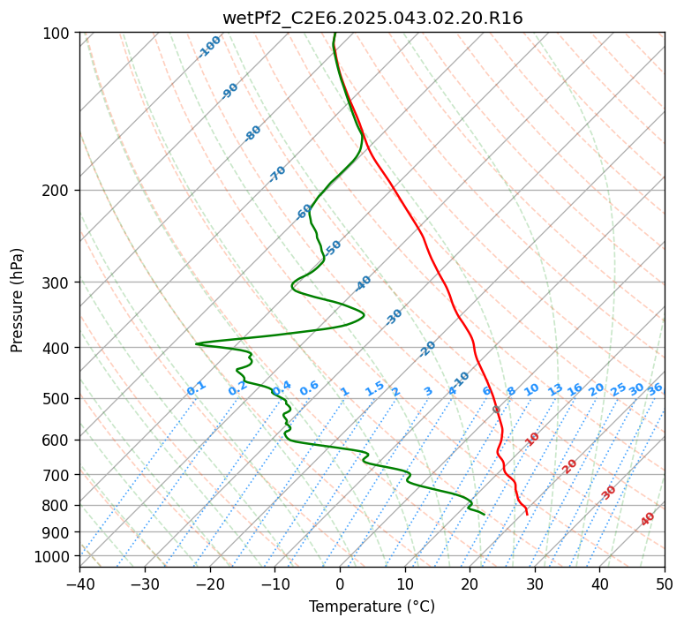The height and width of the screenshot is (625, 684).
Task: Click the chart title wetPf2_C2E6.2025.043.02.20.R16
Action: [x=372, y=18]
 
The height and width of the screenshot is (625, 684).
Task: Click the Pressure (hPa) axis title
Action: [x=18, y=300]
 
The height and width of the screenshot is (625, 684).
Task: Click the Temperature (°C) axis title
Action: [x=372, y=606]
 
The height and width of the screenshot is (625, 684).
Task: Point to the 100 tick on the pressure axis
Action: [x=59, y=34]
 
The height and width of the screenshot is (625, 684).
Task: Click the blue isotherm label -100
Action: [x=210, y=46]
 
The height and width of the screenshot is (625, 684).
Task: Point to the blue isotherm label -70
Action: [x=278, y=174]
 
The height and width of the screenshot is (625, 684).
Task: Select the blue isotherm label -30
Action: [x=395, y=316]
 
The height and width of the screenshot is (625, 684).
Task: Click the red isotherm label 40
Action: [x=649, y=519]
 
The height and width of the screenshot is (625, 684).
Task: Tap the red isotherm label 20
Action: [x=570, y=465]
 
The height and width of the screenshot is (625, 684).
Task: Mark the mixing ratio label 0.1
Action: [x=196, y=388]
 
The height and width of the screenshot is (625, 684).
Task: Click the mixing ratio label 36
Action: [x=655, y=388]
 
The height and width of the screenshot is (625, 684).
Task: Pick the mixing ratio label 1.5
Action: [x=374, y=388]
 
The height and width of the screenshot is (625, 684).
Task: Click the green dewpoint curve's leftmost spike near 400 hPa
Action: [x=197, y=343]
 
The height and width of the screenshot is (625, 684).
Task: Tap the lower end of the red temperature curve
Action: [x=527, y=514]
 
